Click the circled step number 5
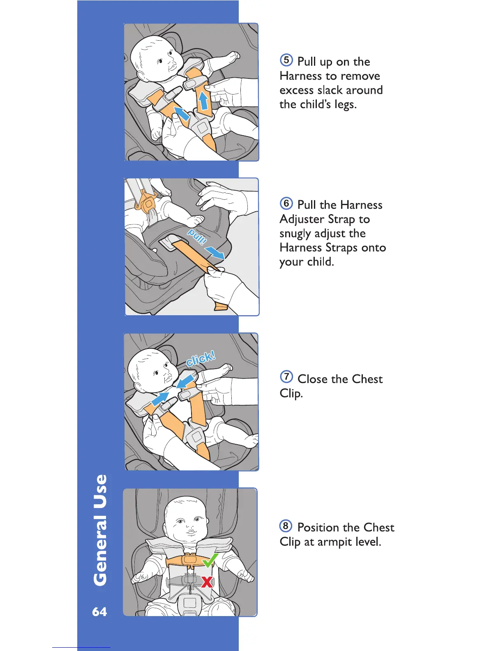click(286, 60)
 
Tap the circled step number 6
click(286, 203)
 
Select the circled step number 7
click(286, 377)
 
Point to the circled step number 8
click(286, 526)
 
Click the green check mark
click(210, 560)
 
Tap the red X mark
click(207, 582)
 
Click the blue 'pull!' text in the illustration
click(197, 237)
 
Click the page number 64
click(99, 612)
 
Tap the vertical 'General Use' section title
click(100, 530)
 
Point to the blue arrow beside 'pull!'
click(215, 252)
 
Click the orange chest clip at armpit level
click(189, 559)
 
